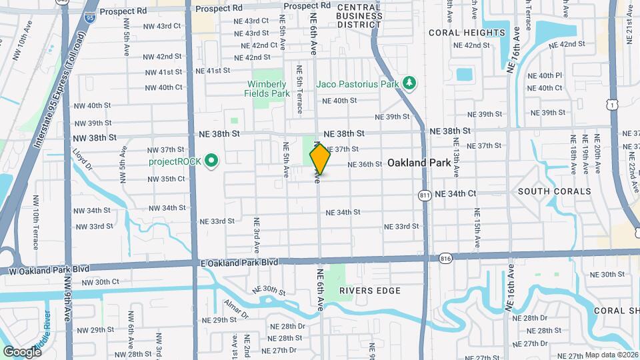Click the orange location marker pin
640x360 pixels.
320,159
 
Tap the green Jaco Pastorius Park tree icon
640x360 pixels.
409,83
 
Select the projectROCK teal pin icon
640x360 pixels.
211,161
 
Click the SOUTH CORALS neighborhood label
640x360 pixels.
554,191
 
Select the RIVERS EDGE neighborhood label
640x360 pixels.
370,291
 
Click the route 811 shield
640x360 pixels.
425,195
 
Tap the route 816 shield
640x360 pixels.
446,257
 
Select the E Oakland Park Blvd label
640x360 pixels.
239,263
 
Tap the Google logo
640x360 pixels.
22,351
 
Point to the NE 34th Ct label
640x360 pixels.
455,194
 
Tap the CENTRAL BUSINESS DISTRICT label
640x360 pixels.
359,15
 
